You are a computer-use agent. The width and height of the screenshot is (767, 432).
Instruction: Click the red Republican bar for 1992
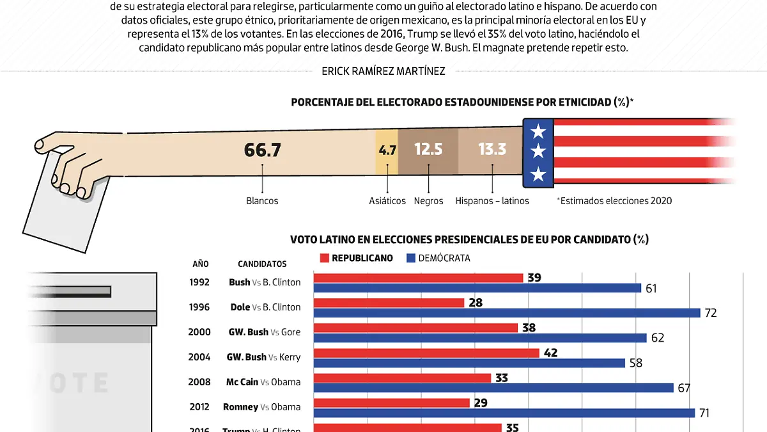click(418, 278)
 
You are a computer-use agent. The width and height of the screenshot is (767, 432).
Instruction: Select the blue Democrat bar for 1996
click(506, 313)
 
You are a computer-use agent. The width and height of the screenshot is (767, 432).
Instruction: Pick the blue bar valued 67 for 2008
click(493, 388)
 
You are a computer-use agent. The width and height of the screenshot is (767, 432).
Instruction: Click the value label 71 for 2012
click(704, 413)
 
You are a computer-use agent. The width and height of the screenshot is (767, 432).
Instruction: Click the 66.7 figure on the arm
click(263, 150)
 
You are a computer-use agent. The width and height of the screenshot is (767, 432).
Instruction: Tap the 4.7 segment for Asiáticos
click(387, 151)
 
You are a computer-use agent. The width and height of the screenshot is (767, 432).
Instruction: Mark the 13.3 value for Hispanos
click(492, 150)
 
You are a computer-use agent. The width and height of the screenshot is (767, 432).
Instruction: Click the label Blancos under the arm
click(262, 201)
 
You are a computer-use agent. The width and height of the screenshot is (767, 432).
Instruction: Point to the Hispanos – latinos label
click(492, 201)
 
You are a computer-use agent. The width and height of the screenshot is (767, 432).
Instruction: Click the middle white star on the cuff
click(538, 152)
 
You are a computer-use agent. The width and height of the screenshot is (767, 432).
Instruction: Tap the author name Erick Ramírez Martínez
click(383, 72)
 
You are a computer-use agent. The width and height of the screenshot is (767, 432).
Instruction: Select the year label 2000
click(199, 332)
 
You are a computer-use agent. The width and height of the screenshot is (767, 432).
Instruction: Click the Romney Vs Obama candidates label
click(261, 407)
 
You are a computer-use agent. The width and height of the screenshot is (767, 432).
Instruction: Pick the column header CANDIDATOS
click(262, 264)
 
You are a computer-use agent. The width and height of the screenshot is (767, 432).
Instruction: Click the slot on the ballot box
click(70, 291)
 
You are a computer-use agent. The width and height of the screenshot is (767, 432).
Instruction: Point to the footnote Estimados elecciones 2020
click(615, 201)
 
